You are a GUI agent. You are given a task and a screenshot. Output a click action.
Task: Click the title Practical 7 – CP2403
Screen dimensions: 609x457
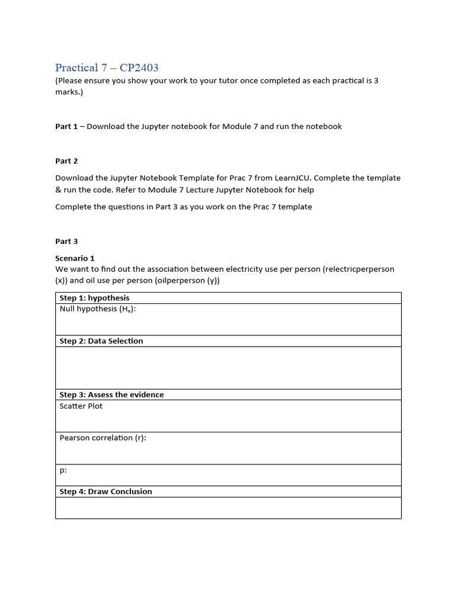pyautogui.click(x=107, y=68)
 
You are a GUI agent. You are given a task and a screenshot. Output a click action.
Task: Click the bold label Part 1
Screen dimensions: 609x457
pyautogui.click(x=66, y=126)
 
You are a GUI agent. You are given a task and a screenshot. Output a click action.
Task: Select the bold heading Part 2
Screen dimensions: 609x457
pyautogui.click(x=66, y=161)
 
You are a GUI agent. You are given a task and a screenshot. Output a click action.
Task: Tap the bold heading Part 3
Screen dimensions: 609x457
pyautogui.click(x=66, y=241)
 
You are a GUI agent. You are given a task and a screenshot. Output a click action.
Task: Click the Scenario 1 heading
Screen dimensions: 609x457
pyautogui.click(x=74, y=258)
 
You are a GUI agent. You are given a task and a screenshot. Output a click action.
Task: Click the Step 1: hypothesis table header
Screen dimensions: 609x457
pyautogui.click(x=94, y=298)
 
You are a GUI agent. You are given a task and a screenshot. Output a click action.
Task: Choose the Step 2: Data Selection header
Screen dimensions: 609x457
pyautogui.click(x=101, y=341)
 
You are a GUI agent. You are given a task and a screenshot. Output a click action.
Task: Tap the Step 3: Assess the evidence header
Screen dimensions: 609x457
pyautogui.click(x=111, y=394)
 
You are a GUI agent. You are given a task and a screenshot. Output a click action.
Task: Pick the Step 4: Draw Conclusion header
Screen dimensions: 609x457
pyautogui.click(x=105, y=491)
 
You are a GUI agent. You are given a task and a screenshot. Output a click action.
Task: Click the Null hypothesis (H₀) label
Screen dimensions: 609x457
pyautogui.click(x=98, y=309)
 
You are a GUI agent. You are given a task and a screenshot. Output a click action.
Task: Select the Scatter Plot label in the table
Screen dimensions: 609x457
pyautogui.click(x=81, y=406)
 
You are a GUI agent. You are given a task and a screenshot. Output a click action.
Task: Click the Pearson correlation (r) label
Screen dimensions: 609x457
pyautogui.click(x=102, y=438)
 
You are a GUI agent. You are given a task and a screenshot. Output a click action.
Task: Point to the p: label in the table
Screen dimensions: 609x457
pyautogui.click(x=63, y=470)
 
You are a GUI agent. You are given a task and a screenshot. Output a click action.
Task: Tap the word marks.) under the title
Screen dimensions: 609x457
pyautogui.click(x=69, y=92)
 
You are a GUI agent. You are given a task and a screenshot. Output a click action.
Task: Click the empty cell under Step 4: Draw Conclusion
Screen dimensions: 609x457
pyautogui.click(x=228, y=508)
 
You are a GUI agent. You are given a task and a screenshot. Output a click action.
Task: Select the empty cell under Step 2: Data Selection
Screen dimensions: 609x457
pyautogui.click(x=228, y=368)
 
